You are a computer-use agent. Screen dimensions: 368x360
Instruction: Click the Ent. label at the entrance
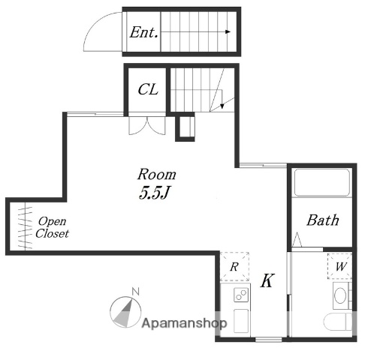coord(143,32)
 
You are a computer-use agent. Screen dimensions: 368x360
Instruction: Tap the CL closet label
coord(148,89)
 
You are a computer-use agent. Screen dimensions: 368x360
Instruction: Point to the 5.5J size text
coord(154,193)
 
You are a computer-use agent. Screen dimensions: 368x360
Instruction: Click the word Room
coord(157,174)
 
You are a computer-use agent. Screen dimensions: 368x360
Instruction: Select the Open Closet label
coord(52,227)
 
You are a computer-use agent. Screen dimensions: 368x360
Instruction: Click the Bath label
coord(323,220)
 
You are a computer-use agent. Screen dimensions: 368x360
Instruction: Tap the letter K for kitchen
coord(267,280)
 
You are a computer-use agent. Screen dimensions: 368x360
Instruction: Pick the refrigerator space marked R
coord(234,266)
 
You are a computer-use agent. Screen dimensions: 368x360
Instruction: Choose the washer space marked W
coord(340,266)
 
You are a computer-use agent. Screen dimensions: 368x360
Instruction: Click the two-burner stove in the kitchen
coord(241,295)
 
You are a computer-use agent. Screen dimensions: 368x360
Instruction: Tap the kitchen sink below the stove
coord(241,321)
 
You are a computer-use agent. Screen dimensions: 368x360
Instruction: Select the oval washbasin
coord(340,295)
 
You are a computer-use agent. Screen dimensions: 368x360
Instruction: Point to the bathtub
coord(322,182)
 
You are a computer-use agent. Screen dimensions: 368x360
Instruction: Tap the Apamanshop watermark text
coord(184,323)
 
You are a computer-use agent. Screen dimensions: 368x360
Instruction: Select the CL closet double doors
coord(147,126)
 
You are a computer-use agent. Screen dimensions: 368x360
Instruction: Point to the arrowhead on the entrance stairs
coord(228,31)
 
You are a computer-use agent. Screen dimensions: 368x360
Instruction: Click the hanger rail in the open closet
coord(25,227)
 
